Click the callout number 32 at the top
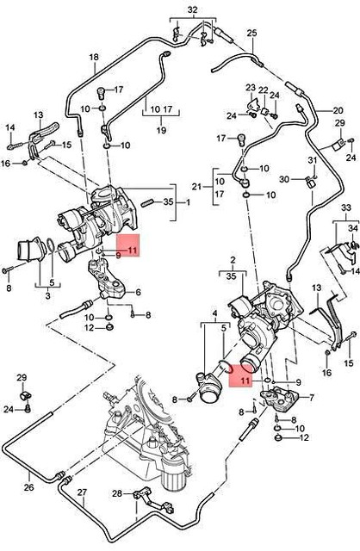(x=191, y=9)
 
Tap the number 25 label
(x=252, y=34)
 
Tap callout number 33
(x=346, y=208)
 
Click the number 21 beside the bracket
(x=196, y=187)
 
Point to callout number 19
(x=159, y=130)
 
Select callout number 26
(x=29, y=487)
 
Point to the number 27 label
(x=83, y=494)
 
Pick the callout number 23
(x=251, y=88)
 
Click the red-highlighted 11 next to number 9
(x=132, y=251)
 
